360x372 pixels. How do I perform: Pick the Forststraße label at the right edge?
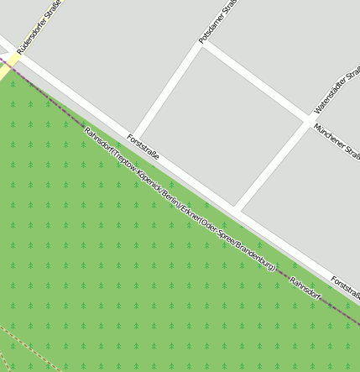click(x=345, y=287)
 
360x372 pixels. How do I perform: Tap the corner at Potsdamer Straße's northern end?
click(x=201, y=44)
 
